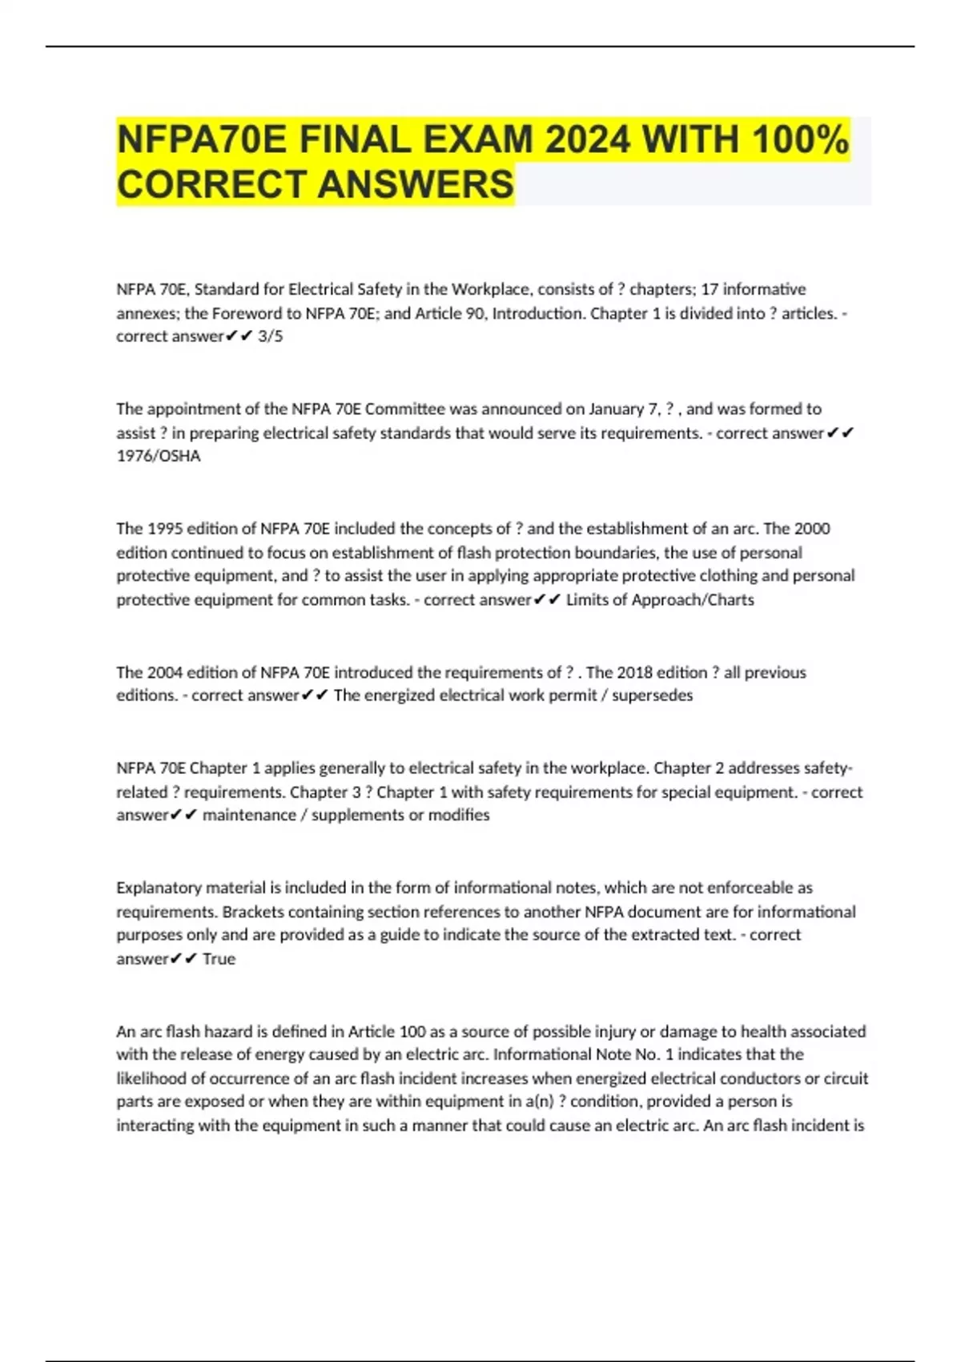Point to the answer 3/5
click(271, 336)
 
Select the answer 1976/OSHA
click(159, 456)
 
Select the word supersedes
click(653, 695)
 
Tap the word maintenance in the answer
click(249, 815)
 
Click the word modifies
click(459, 815)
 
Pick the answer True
click(219, 959)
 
